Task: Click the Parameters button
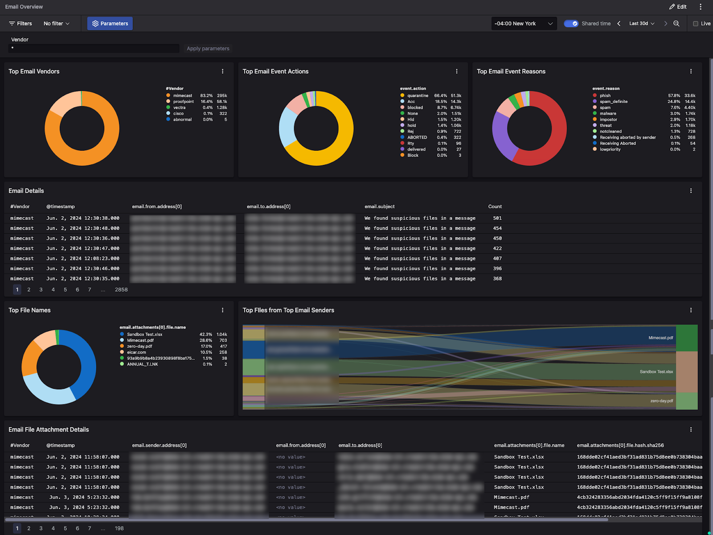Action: [110, 24]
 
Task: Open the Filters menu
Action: [20, 24]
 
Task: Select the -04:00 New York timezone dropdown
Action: [524, 24]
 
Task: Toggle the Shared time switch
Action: [571, 24]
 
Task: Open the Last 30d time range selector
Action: [642, 24]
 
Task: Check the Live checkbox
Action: [695, 24]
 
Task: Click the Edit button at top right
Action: [678, 7]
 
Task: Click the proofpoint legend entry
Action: [183, 102]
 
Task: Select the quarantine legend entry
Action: [417, 95]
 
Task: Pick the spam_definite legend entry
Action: [613, 102]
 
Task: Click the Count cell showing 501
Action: [497, 218]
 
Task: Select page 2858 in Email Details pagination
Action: [121, 290]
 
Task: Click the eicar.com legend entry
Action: [136, 352]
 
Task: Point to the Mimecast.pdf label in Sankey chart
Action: [660, 338]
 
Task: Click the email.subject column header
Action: [379, 206]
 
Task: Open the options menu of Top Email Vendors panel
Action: [223, 71]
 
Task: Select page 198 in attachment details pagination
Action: [119, 528]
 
